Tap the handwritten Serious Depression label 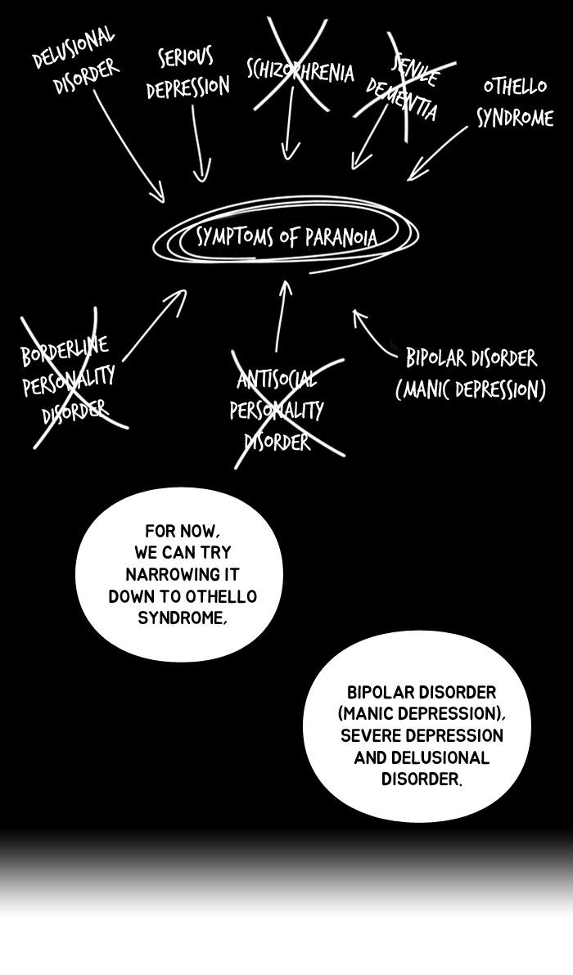coord(187,74)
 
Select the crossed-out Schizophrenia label coord(300,70)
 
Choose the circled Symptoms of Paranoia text coord(286,237)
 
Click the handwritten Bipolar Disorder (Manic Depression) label coord(471,372)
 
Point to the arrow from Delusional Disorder coord(130,147)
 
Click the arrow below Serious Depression coord(200,144)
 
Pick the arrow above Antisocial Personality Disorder coord(282,315)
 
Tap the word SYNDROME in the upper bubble coord(181,618)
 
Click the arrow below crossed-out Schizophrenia coord(289,131)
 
